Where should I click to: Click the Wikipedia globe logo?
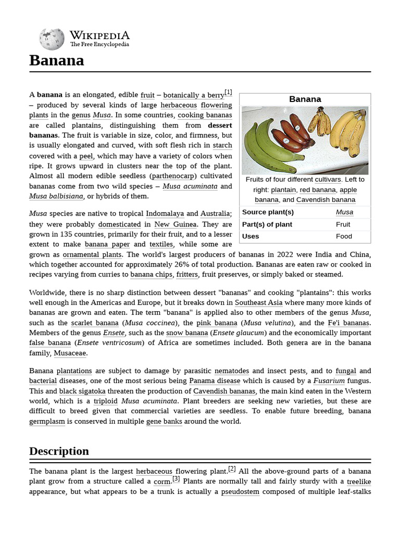pos(52,39)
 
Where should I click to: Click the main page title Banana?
pos(56,60)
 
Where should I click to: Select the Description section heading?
pos(59,451)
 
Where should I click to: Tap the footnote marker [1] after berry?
pos(228,93)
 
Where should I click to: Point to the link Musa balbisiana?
pos(56,196)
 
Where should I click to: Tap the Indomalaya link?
pos(165,213)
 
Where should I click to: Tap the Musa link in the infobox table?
pos(344,212)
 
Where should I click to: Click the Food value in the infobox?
pos(344,236)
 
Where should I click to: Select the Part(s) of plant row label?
pos(267,224)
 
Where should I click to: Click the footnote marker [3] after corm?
pos(176,479)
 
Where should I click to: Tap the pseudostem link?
pos(240,491)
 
